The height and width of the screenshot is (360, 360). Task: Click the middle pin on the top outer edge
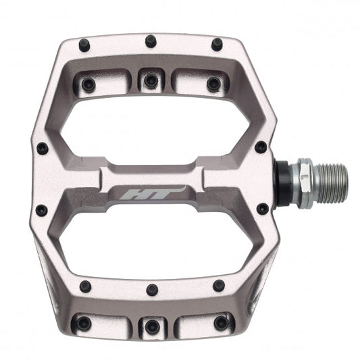[x=151, y=42]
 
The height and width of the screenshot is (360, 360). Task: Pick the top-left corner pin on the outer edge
[x=86, y=45]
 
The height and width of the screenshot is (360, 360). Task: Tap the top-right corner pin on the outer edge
[x=216, y=45]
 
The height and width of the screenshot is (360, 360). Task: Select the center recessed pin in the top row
[x=151, y=81]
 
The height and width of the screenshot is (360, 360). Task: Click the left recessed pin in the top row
[x=88, y=84]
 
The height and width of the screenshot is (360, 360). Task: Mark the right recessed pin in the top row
[x=213, y=84]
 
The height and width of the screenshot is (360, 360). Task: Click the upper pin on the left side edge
[x=42, y=148]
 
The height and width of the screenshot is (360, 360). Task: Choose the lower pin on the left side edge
[x=41, y=210]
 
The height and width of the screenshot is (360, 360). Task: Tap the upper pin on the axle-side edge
[x=260, y=147]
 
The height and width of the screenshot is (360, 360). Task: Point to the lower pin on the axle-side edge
[x=261, y=209]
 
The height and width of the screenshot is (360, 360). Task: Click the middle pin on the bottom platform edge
[x=151, y=290]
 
